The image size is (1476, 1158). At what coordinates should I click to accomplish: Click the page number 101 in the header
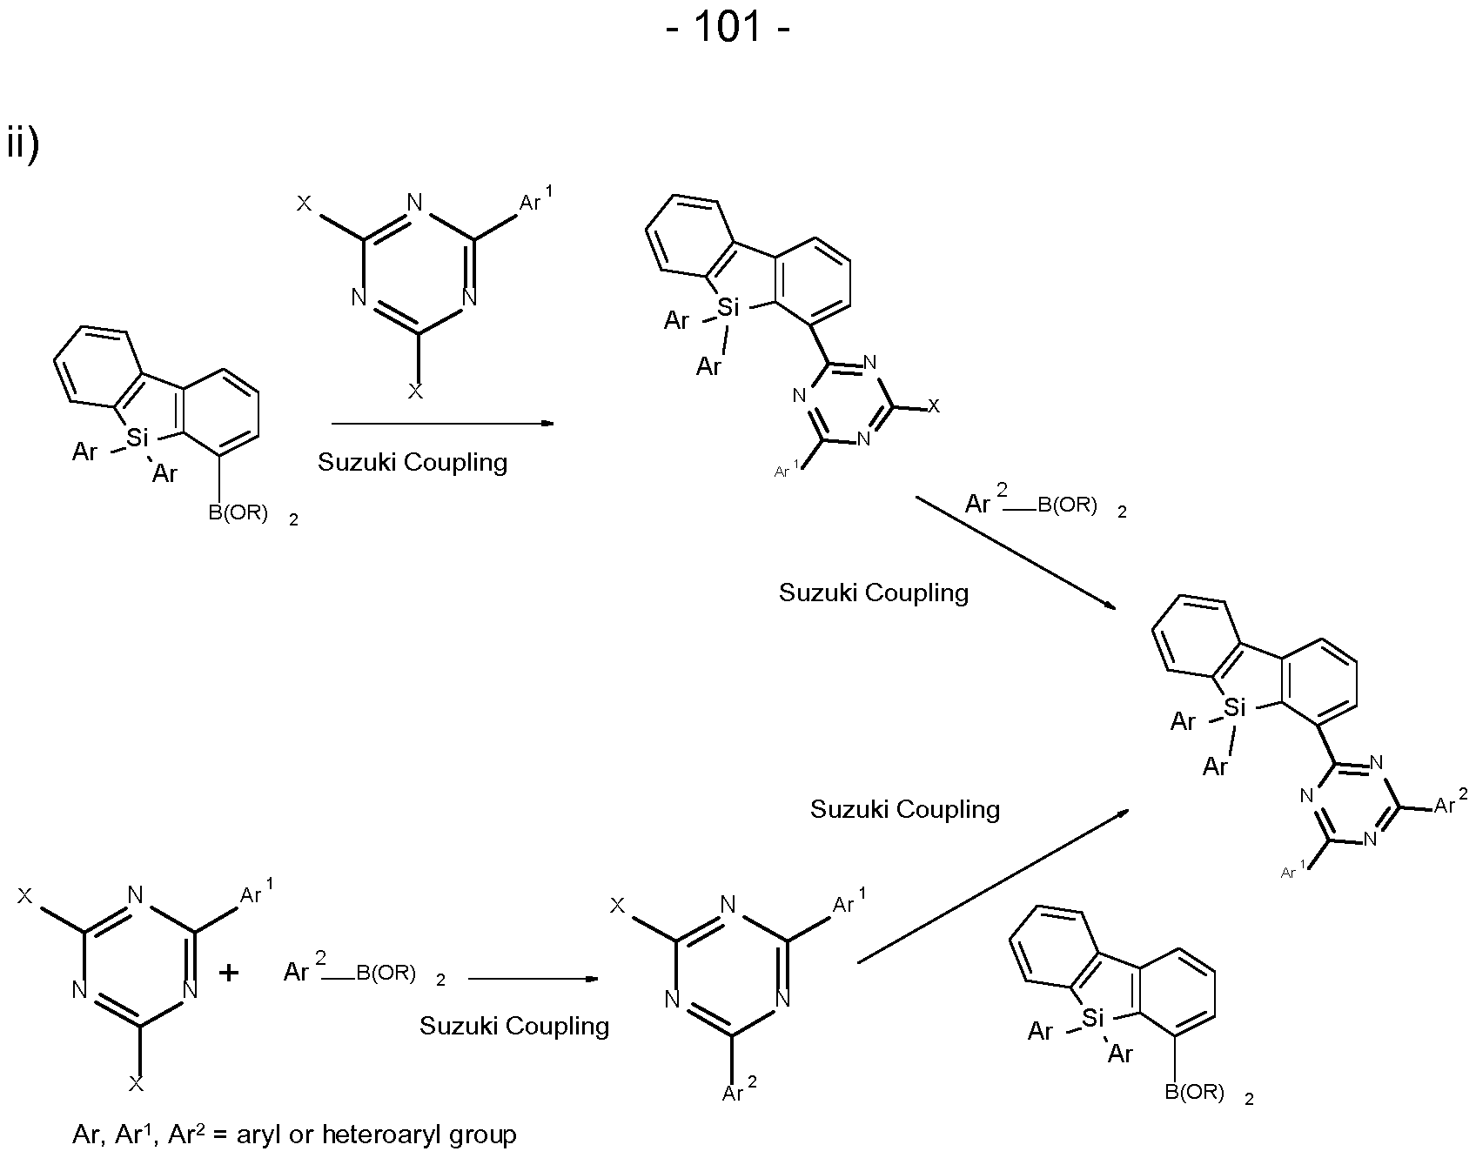[x=728, y=27]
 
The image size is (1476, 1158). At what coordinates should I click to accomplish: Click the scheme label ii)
[x=22, y=144]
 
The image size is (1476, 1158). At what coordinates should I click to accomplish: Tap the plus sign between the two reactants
[x=229, y=972]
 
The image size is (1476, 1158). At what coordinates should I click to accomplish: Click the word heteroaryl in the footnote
[x=375, y=1135]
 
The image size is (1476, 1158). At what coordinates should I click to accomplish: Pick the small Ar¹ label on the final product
[x=1294, y=871]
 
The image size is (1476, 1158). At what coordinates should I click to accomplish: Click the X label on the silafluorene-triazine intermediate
[x=934, y=406]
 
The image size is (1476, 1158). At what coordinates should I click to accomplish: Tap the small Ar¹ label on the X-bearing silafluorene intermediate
[x=786, y=472]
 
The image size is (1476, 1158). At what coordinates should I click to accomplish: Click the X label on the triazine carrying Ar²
[x=617, y=906]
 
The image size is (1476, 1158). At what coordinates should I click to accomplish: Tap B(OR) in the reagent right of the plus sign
[x=386, y=973]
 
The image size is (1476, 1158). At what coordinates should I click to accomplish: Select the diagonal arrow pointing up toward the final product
[x=992, y=887]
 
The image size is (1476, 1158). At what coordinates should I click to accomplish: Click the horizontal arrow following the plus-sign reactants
[x=533, y=979]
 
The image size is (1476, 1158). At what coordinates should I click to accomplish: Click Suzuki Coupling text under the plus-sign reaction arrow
[x=513, y=1026]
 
